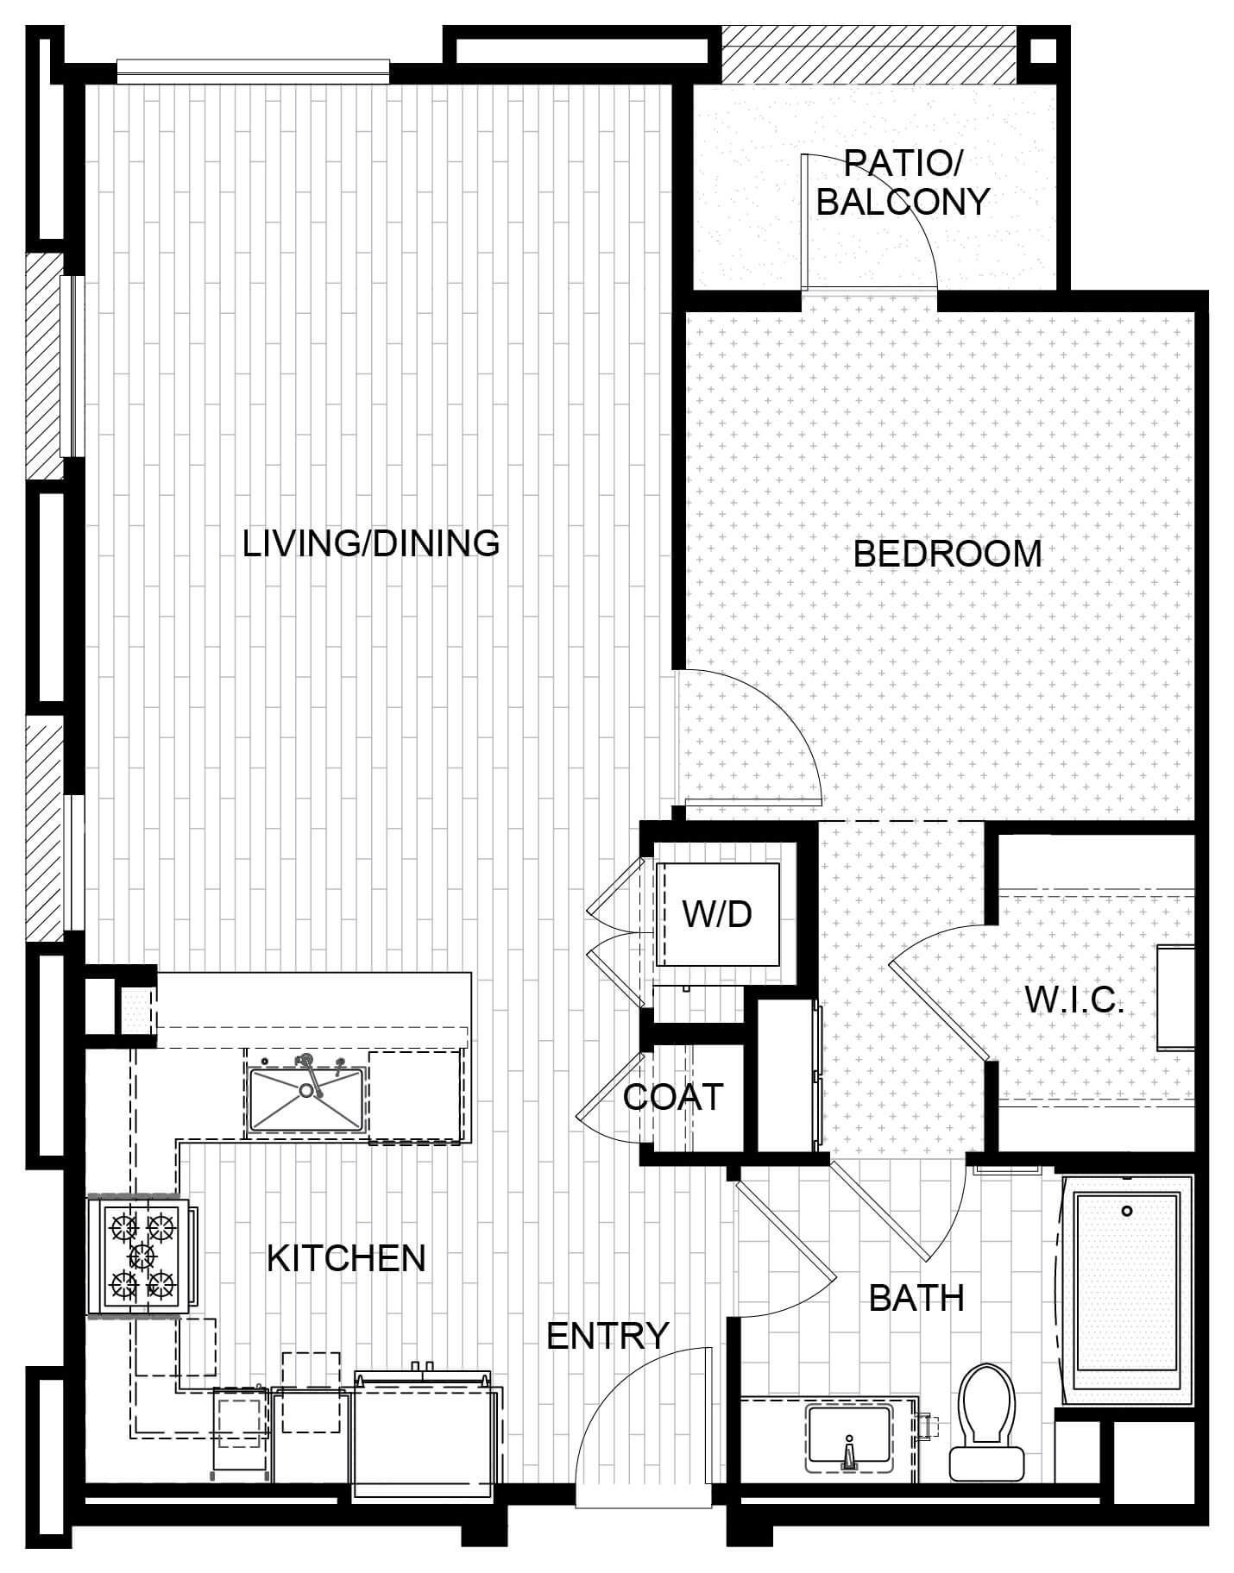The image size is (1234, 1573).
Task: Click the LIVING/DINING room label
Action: click(371, 543)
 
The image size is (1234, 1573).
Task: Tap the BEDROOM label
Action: click(948, 554)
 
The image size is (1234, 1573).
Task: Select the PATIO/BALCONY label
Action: click(903, 182)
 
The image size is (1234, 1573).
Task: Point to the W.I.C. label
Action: click(1074, 1000)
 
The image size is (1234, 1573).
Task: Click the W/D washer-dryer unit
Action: click(718, 914)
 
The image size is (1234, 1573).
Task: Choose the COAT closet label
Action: click(673, 1097)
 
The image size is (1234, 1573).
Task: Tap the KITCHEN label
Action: click(346, 1258)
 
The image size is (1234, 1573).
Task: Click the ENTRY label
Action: click(608, 1336)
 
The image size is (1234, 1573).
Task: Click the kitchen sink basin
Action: click(305, 1099)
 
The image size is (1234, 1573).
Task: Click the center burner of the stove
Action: click(142, 1255)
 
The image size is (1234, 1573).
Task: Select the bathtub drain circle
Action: click(1127, 1212)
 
